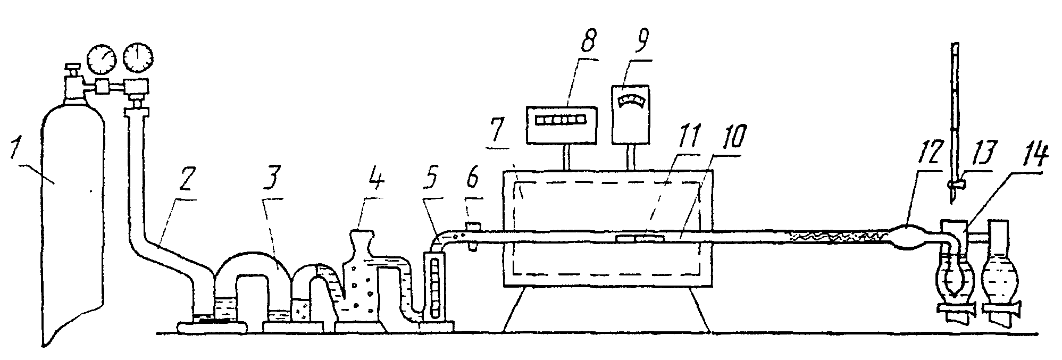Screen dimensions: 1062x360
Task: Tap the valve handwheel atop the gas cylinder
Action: pyautogui.click(x=72, y=67)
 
